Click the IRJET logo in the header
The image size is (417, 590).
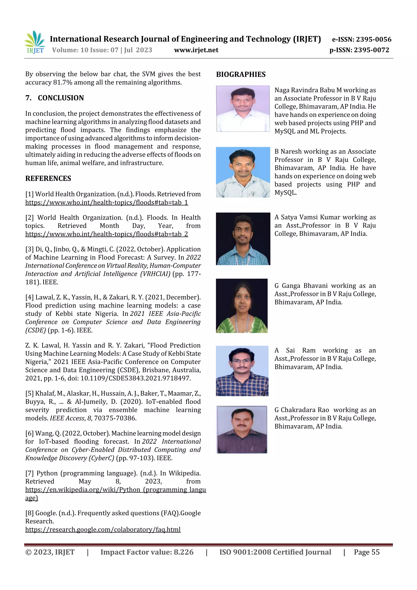point(35,42)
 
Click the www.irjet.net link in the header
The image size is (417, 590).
point(196,50)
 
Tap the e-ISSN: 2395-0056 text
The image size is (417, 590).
point(361,39)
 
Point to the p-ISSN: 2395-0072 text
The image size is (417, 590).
point(359,50)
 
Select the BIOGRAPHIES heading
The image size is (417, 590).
point(241,75)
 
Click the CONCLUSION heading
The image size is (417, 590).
point(61,98)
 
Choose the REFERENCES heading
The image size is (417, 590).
point(48,178)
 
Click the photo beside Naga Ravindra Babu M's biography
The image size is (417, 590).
point(243,109)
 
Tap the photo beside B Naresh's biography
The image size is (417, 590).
point(243,172)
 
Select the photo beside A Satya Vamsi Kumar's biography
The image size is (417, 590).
point(243,239)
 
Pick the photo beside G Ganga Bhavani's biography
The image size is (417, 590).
point(241,305)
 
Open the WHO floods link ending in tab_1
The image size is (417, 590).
point(107,202)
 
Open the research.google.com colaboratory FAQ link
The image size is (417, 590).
point(103,529)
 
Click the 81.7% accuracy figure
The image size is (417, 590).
point(63,82)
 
